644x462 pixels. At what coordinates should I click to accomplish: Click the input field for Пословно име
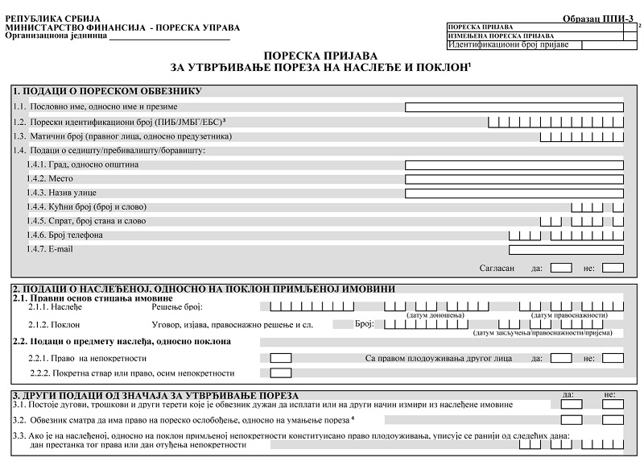[x=514, y=106]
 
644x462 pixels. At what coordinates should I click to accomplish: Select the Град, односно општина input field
[x=514, y=164]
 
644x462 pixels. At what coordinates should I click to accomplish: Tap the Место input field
[x=514, y=179]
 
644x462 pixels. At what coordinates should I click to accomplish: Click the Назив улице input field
[x=514, y=194]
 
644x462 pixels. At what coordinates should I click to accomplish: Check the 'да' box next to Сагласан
[x=561, y=268]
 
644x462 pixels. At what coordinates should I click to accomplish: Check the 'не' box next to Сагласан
[x=613, y=268]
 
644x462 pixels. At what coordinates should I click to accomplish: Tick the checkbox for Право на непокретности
[x=281, y=358]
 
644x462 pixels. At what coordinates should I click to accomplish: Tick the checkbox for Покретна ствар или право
[x=281, y=373]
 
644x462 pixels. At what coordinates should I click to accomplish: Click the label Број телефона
[x=55, y=235]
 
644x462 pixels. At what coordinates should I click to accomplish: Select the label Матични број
[x=49, y=136]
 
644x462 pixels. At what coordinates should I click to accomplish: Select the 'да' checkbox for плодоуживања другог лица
[x=561, y=358]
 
